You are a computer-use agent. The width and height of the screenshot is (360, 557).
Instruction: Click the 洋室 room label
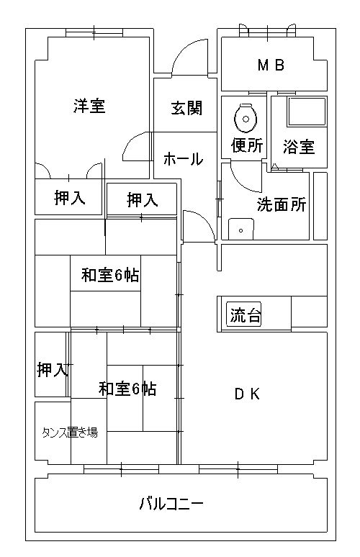[89, 106]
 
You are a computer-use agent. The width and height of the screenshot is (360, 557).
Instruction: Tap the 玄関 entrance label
[186, 108]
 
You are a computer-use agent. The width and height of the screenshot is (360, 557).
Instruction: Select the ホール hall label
[184, 159]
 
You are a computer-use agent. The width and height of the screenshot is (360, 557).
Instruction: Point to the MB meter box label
[271, 65]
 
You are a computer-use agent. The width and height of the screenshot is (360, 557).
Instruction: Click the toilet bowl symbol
[246, 117]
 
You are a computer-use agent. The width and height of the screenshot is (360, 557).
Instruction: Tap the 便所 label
[247, 145]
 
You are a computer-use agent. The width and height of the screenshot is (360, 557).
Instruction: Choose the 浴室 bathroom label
[299, 146]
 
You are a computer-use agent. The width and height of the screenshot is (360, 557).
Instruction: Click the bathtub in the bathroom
[307, 112]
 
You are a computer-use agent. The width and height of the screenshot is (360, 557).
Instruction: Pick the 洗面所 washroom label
[282, 204]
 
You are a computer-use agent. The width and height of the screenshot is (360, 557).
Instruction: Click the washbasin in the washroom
[241, 229]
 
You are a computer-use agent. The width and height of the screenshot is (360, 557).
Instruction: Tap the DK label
[248, 394]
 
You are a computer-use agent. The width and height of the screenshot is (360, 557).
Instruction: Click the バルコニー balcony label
[171, 503]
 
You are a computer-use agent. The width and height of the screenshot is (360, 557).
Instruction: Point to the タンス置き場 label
[70, 433]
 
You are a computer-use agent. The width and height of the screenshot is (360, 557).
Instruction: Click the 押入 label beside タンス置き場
[53, 369]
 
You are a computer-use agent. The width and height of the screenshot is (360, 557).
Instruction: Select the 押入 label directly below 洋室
[70, 197]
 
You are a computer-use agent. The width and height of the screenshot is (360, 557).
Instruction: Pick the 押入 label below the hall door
[142, 199]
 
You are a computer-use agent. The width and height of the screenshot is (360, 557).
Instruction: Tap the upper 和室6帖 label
[110, 275]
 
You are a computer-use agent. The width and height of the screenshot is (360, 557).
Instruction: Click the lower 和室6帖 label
[127, 389]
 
